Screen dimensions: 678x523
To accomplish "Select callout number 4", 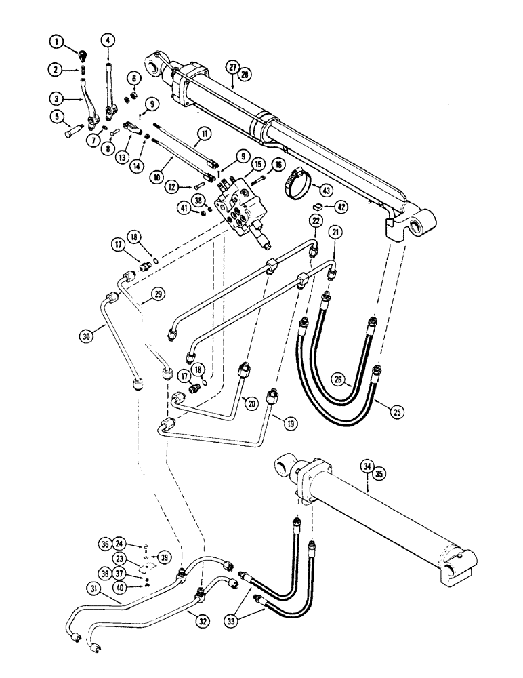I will [107, 41].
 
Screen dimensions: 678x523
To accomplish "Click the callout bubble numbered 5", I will [55, 116].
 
